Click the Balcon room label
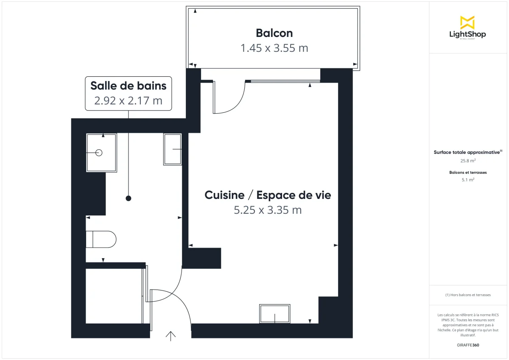point(274,33)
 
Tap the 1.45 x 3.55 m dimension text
point(274,48)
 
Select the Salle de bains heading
point(128,86)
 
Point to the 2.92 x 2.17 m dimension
point(128,100)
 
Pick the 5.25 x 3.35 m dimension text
point(268,209)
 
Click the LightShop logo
point(467,28)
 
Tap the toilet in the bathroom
point(101,239)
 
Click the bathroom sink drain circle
point(99,153)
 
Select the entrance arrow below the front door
point(171,335)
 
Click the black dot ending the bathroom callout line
point(128,198)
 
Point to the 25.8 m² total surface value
point(468,161)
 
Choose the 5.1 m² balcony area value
point(468,180)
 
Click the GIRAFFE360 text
point(468,345)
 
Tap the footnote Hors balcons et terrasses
point(468,295)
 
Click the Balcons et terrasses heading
point(468,173)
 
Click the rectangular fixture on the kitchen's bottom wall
point(275,314)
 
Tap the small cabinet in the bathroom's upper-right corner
point(173,149)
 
